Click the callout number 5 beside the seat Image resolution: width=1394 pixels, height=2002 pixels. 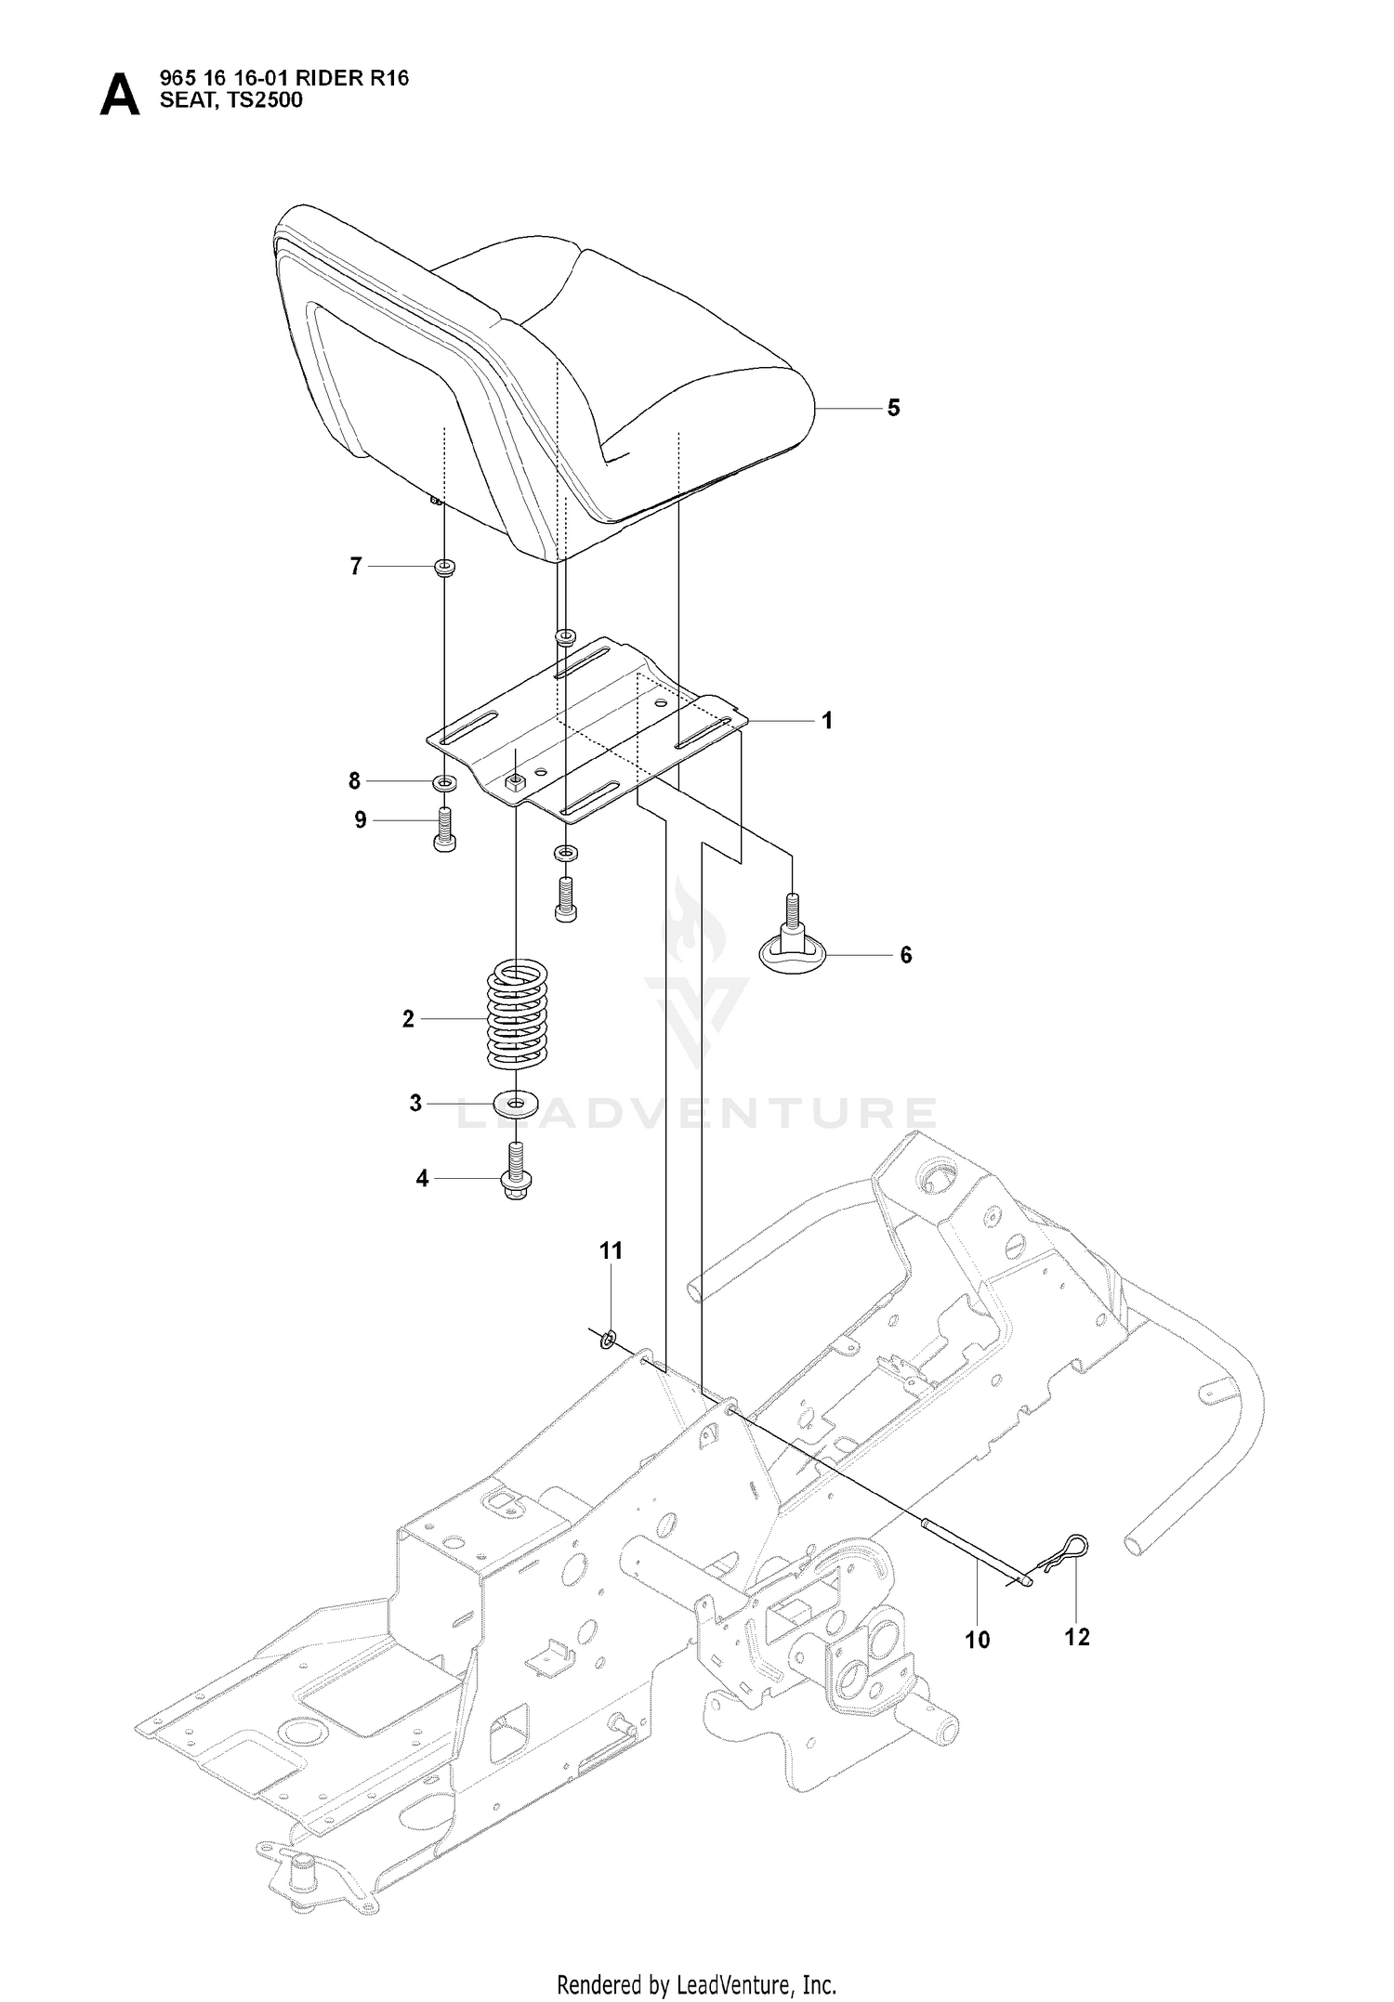click(893, 408)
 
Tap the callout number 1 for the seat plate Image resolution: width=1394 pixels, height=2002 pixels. click(826, 720)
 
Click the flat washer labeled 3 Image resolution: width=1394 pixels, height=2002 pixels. click(516, 1104)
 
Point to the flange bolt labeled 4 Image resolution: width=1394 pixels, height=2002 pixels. click(514, 1171)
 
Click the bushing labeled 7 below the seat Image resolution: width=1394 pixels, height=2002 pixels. click(444, 567)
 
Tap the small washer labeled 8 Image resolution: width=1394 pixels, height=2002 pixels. click(445, 782)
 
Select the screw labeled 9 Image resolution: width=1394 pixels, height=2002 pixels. click(445, 829)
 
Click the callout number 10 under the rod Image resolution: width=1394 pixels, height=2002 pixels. click(978, 1640)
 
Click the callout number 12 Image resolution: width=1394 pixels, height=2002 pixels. click(1076, 1636)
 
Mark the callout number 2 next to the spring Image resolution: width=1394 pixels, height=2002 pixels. click(408, 1019)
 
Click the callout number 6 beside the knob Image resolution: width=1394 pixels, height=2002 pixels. click(906, 954)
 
